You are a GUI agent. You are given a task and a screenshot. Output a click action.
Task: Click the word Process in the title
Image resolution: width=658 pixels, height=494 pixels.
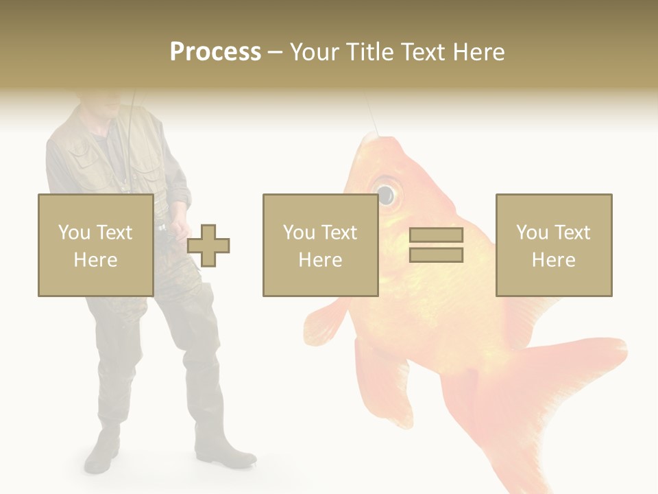(215, 52)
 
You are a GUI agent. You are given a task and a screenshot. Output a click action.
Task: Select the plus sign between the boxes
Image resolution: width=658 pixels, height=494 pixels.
(208, 245)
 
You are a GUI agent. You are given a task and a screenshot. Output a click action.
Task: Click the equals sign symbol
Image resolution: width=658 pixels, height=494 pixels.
(436, 245)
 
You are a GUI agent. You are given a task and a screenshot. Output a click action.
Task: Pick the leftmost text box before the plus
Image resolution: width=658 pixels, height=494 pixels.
(95, 245)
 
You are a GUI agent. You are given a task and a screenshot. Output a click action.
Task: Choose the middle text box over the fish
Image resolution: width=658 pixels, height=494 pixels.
(320, 245)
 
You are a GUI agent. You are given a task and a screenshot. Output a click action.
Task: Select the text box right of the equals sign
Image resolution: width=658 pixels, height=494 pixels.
(553, 245)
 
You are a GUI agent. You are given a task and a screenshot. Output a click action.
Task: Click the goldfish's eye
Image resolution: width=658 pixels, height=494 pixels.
(385, 193)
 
